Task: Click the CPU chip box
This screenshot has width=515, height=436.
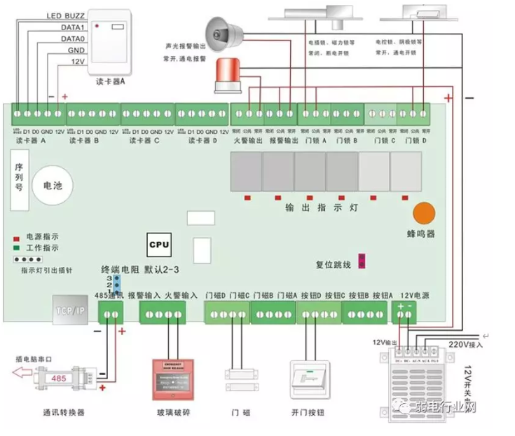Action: (x=158, y=245)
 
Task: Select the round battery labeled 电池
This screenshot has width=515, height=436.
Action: (x=53, y=186)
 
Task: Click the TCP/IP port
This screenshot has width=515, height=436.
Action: (x=70, y=308)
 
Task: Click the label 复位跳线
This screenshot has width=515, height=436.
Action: (x=333, y=265)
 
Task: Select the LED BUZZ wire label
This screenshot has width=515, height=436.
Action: (x=65, y=15)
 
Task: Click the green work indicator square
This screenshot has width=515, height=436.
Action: (x=15, y=247)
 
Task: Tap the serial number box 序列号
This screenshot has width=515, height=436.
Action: (x=19, y=178)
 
